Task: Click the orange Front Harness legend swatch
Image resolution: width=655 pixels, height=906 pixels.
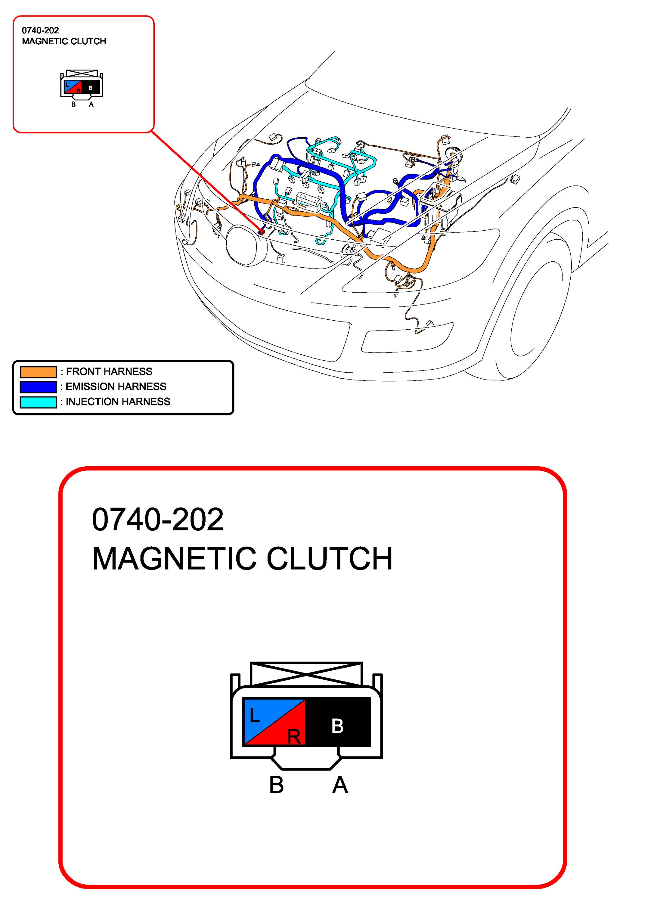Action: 38,372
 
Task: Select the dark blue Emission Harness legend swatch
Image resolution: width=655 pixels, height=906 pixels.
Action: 38,387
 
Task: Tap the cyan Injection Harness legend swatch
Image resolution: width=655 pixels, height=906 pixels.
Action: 38,402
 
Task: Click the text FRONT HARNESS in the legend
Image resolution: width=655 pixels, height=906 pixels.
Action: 109,371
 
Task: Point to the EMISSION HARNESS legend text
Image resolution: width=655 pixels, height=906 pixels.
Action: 116,387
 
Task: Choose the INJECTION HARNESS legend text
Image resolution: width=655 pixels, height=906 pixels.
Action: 118,402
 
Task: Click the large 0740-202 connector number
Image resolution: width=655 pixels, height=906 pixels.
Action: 158,519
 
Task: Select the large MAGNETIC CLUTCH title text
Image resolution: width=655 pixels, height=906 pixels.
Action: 242,558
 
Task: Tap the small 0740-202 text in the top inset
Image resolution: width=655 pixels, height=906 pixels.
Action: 40,30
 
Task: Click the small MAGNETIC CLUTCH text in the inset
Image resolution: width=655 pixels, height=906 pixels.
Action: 64,41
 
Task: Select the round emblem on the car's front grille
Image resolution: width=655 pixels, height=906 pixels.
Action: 246,245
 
